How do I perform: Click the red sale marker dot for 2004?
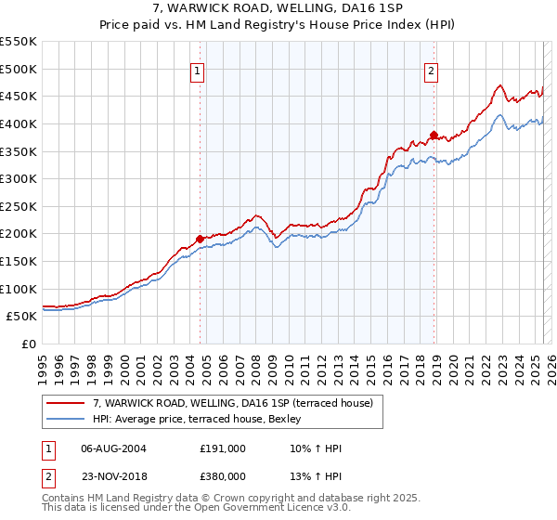coord(200,239)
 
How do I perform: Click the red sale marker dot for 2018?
coord(434,135)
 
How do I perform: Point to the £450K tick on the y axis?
coord(19,96)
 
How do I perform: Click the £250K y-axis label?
coord(19,206)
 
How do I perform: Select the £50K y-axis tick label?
coord(22,317)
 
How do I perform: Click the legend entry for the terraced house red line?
coord(232,402)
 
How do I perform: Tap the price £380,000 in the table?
coord(223,476)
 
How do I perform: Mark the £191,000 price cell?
coord(223,448)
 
